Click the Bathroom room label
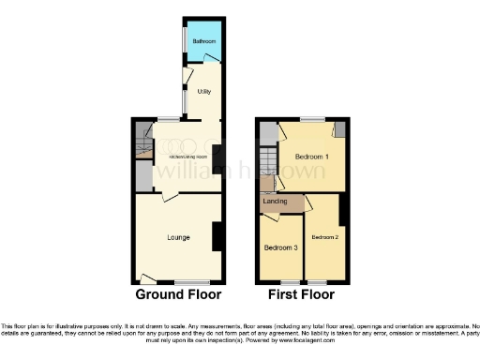[204, 41]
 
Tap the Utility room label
[204, 92]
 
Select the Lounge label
[178, 237]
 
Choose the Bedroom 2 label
[324, 237]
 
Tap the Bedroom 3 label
[280, 248]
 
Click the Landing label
[275, 202]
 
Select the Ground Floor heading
[179, 294]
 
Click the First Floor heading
[302, 294]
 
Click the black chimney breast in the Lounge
[217, 236]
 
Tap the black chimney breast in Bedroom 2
[343, 212]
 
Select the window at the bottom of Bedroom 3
[291, 282]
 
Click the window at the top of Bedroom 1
[312, 120]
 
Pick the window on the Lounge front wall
[192, 282]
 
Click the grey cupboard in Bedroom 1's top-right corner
[339, 129]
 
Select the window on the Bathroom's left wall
[183, 41]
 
